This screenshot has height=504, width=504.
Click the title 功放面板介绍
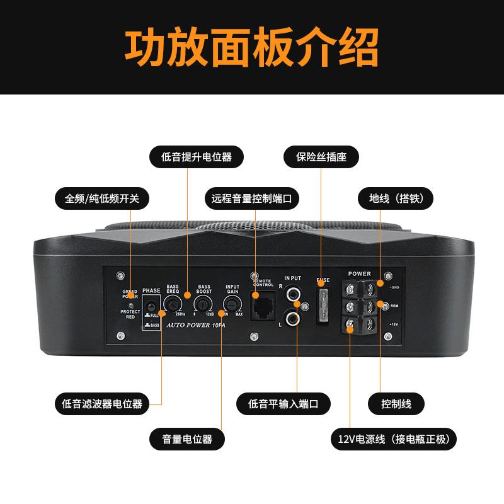252,47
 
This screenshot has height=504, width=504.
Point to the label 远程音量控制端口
252,198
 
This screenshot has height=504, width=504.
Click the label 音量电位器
187,438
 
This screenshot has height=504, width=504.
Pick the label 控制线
396,403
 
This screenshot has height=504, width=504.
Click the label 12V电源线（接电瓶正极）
394,438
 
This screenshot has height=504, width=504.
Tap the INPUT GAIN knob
231,305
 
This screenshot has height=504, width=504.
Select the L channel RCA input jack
294,319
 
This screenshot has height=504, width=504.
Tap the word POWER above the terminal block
359,274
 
